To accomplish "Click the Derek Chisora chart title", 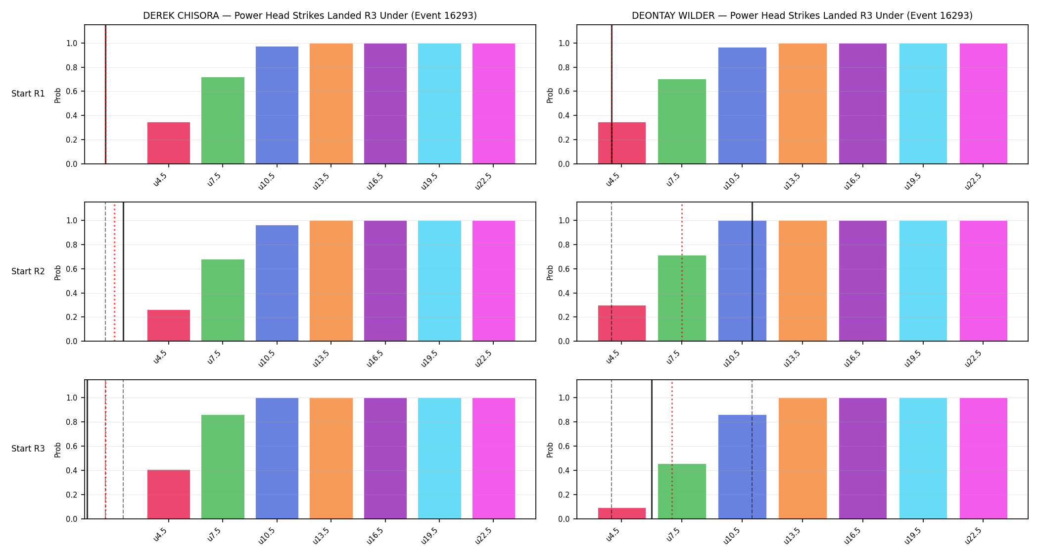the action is click(310, 15).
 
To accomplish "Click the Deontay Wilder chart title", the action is click(802, 15).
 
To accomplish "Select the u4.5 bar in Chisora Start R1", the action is click(169, 143).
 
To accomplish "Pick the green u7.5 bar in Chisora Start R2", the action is click(223, 300).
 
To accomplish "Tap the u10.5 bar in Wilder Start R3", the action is click(742, 467).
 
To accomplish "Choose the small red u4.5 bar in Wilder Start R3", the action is click(622, 513).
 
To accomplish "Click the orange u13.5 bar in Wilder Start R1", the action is click(803, 103).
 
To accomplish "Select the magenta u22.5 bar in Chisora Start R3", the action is click(494, 458).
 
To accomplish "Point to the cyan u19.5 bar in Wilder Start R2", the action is click(923, 281).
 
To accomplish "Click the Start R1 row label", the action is click(28, 94).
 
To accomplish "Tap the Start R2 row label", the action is click(28, 271).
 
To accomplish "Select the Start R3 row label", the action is click(28, 449).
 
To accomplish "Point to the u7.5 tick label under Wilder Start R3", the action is click(673, 535).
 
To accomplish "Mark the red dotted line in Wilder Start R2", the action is click(682, 272).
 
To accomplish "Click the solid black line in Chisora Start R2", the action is click(123, 272).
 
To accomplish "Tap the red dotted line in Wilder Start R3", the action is click(672, 450).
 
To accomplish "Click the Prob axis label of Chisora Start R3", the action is click(58, 450).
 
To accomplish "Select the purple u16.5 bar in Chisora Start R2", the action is click(385, 281).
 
